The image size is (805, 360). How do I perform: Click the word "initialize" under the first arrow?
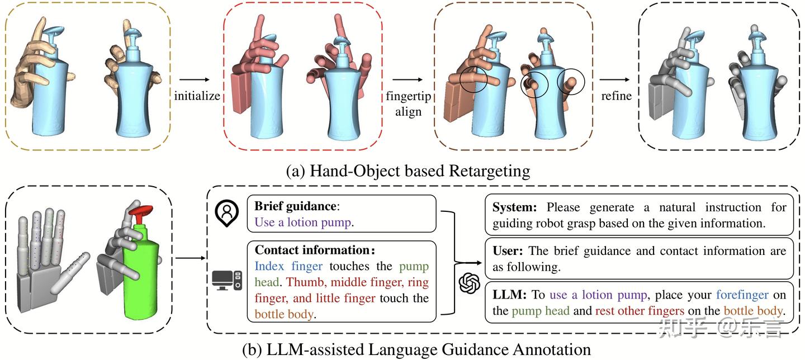pos(197,96)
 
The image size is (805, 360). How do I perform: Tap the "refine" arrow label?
pos(616,96)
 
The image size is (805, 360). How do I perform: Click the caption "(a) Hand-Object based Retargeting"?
pos(408,170)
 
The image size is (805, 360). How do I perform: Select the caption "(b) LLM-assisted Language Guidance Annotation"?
pos(416,350)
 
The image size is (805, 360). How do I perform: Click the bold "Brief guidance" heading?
pos(295,206)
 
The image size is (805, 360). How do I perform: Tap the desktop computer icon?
pos(227,281)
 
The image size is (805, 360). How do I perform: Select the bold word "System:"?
pos(514,207)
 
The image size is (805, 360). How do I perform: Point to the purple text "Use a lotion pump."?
pos(304,222)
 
